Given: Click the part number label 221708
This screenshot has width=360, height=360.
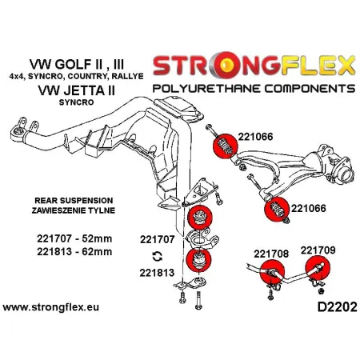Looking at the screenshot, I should (273, 254).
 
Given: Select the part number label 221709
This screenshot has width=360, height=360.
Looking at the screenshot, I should (319, 249).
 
